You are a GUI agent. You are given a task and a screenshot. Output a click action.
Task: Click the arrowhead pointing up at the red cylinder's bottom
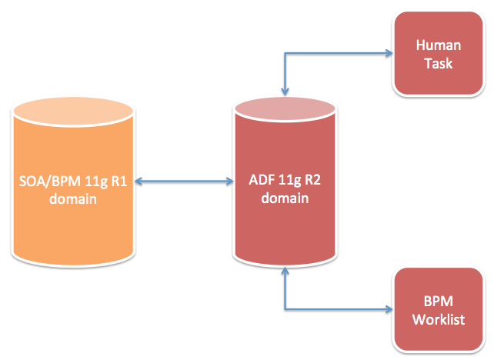point(285,272)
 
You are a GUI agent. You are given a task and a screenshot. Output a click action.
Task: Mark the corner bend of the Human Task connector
point(285,54)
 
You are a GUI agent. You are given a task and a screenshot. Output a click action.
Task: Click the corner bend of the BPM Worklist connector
point(285,310)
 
